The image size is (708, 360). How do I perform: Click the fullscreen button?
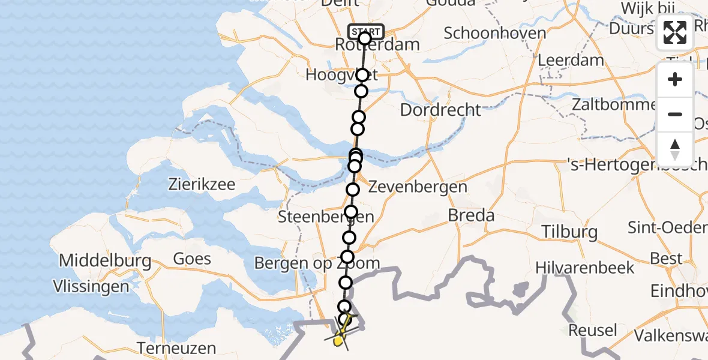click(675, 33)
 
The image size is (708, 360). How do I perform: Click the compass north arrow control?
click(675, 149)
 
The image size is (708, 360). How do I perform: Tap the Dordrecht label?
click(440, 110)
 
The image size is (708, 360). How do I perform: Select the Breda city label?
click(471, 215)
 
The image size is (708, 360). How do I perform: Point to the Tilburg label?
click(569, 232)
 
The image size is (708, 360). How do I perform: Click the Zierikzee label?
click(202, 185)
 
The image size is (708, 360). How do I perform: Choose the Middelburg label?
click(105, 261)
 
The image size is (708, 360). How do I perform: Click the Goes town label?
click(192, 259)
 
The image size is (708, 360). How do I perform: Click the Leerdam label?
click(571, 60)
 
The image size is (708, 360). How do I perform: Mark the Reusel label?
click(592, 330)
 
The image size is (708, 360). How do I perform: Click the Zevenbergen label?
click(418, 187)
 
